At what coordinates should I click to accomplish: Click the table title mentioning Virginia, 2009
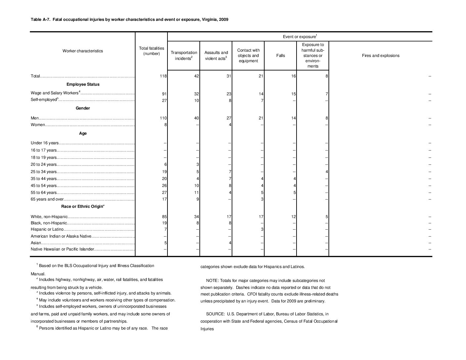(129, 20)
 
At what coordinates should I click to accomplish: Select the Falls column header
(280, 56)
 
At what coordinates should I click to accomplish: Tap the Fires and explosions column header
(381, 56)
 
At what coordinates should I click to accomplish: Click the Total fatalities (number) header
(152, 51)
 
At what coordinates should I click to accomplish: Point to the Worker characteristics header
(83, 51)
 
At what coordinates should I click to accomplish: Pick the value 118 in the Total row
(163, 76)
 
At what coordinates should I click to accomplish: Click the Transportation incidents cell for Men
(196, 118)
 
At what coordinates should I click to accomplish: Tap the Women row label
(38, 125)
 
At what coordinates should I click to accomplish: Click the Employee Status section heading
(83, 84)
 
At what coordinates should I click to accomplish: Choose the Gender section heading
(83, 108)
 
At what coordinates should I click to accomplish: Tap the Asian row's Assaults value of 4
(230, 243)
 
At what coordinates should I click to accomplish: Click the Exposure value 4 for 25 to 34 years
(327, 172)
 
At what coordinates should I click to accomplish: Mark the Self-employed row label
(44, 100)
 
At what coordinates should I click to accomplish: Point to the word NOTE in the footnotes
(211, 281)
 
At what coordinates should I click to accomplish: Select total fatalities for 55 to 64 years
(164, 193)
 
